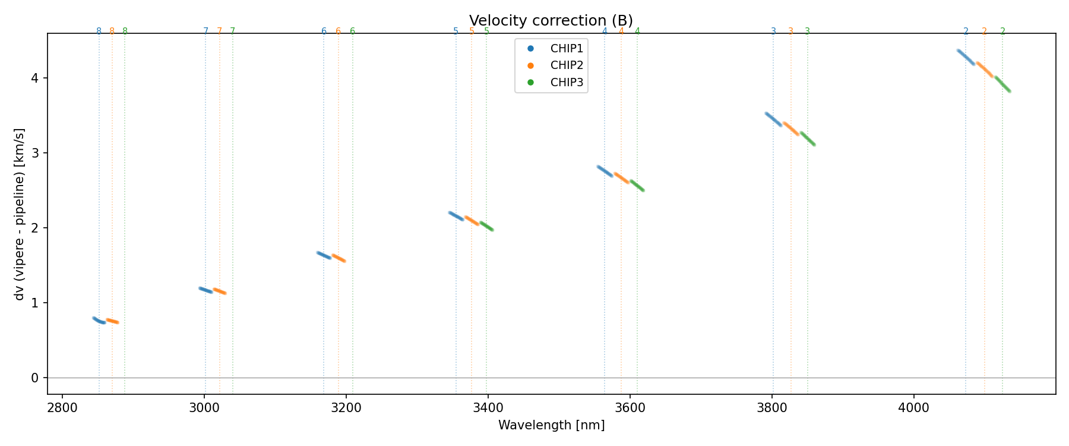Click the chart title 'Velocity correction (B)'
pos(551,21)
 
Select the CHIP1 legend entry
pos(567,49)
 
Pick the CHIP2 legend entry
pos(567,65)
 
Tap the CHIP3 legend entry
pos(567,83)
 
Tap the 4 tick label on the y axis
pos(35,78)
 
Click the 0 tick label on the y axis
pos(35,378)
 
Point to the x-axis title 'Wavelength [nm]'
pos(551,425)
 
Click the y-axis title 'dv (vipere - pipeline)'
pos(20,214)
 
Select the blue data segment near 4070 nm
pos(966,57)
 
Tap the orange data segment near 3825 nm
pos(790,129)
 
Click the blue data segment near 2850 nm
pos(99,321)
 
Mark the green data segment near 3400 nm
pos(486,226)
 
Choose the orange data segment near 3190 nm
pos(339,258)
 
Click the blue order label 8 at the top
pos(99,32)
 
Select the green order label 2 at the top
pos(1002,32)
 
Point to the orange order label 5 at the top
pos(472,32)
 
